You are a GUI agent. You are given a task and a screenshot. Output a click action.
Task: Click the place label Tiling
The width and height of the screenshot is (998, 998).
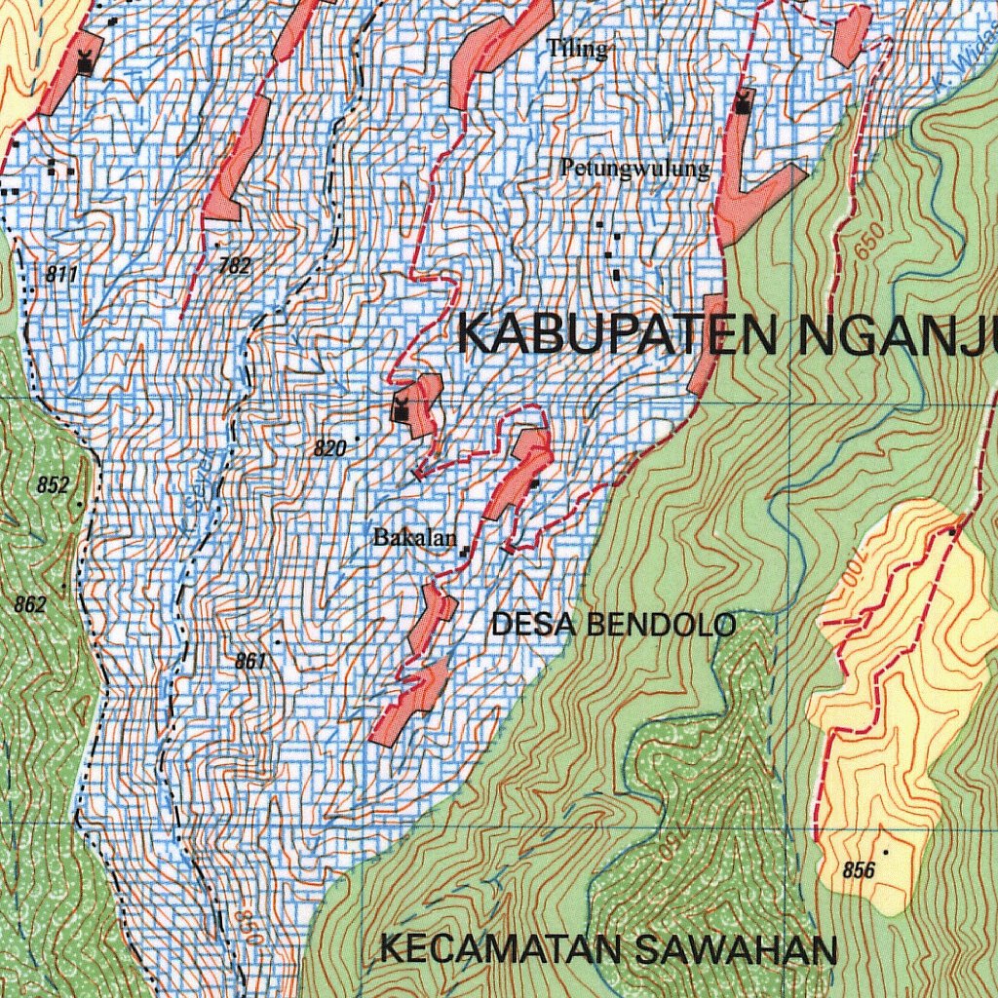click(577, 48)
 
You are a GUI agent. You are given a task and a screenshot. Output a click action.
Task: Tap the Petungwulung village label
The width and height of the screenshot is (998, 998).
click(634, 169)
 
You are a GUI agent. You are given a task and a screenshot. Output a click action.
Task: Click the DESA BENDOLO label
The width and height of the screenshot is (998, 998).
click(613, 625)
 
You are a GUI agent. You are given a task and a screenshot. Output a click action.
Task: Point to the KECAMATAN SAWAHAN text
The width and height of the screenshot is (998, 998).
click(609, 949)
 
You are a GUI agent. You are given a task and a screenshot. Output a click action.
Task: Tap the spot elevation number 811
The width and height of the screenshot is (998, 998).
click(61, 275)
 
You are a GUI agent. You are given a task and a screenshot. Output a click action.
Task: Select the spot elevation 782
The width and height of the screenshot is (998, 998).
click(235, 264)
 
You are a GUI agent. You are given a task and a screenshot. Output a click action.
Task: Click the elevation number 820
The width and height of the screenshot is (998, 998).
click(330, 448)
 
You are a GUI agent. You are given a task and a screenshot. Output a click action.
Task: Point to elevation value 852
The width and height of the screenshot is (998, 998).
click(54, 485)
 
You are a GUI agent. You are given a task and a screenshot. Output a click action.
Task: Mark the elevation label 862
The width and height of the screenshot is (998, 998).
click(30, 604)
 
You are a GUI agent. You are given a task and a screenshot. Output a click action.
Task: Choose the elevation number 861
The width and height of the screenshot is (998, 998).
click(249, 662)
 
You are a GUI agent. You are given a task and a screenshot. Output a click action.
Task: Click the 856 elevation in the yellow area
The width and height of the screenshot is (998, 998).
click(858, 870)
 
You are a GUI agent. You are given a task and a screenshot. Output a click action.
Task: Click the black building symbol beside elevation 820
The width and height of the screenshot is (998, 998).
click(401, 406)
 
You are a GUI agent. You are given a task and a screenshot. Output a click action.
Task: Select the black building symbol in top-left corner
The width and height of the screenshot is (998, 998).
click(86, 62)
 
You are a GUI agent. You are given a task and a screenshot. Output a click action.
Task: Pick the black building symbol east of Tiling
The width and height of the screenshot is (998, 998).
click(744, 101)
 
